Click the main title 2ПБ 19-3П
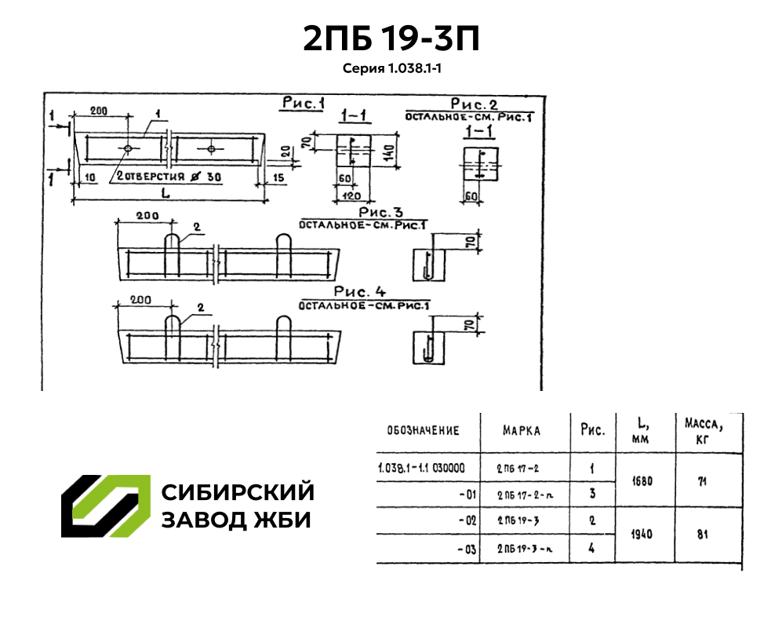pyautogui.click(x=391, y=38)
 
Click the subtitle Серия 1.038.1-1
pyautogui.click(x=391, y=68)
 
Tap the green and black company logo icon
pyautogui.click(x=106, y=506)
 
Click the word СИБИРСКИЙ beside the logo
pyautogui.click(x=238, y=492)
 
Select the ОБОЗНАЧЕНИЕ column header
pyautogui.click(x=423, y=431)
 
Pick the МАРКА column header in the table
pyautogui.click(x=521, y=431)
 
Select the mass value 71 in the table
pyautogui.click(x=702, y=480)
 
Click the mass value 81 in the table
pyautogui.click(x=702, y=534)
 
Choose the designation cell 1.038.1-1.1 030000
pyautogui.click(x=421, y=468)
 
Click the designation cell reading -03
pyautogui.click(x=467, y=549)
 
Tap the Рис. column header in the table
pyautogui.click(x=592, y=430)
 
